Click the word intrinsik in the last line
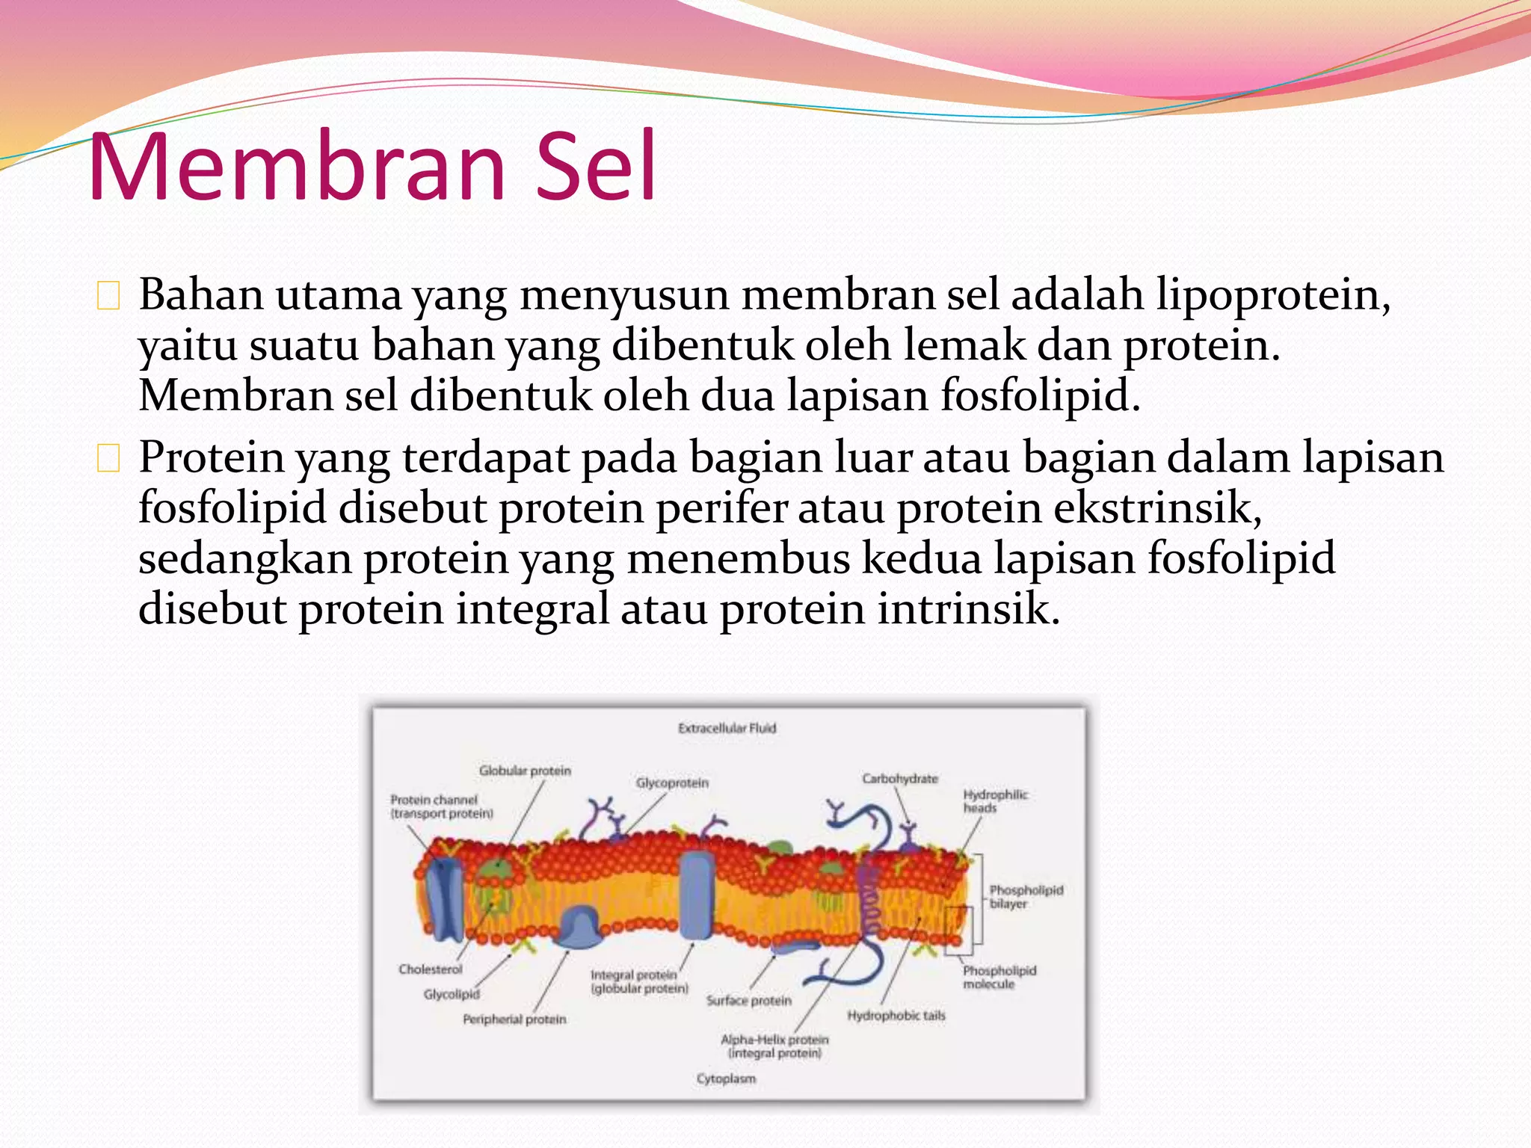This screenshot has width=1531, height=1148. pos(968,609)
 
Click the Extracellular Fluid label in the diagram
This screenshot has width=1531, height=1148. pos(727,728)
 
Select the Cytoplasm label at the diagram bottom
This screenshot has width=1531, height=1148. pos(726,1078)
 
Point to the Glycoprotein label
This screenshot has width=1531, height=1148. pos(672,783)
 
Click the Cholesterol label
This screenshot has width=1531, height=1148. pos(430,969)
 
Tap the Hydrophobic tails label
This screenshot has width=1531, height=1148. pos(896,1015)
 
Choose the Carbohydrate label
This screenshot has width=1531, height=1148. pos(899,778)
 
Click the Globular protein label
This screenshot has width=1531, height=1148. pos(525,771)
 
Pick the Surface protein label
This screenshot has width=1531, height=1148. pos(748,1000)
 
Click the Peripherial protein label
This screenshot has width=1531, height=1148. pos(514,1019)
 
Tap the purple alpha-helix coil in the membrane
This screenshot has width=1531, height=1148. pos(868,897)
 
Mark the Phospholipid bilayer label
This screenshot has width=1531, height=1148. pos(1025,897)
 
